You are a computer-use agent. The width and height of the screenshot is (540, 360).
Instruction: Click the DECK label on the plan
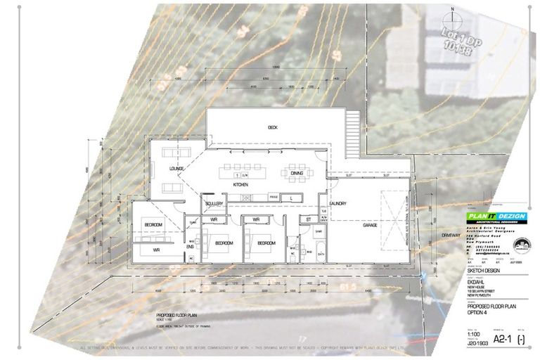pos(273,127)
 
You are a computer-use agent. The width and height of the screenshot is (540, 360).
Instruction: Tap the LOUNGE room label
pos(176,169)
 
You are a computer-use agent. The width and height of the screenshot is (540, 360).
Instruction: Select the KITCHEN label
pos(241,184)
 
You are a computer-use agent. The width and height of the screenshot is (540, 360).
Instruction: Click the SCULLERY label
pos(214,203)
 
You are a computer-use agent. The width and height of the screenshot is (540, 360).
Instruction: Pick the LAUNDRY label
pos(336,204)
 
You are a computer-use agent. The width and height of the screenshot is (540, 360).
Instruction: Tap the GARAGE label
pos(371,225)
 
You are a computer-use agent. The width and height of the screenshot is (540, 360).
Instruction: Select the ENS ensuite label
pos(190,247)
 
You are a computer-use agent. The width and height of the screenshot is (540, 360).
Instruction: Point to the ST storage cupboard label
pos(307,220)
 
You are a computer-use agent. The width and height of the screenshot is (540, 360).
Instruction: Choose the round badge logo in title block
pos(523,247)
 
